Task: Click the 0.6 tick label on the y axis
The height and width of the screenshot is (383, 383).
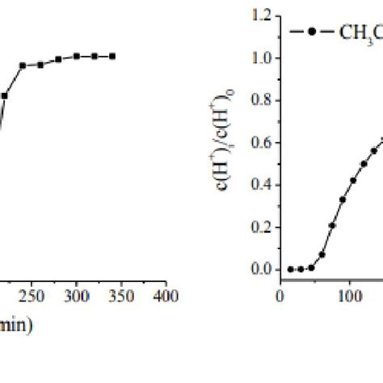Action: pyautogui.click(x=262, y=142)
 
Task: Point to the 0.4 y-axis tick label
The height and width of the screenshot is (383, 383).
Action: pyautogui.click(x=262, y=184)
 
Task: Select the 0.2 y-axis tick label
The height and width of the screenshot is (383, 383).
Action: pyautogui.click(x=262, y=227)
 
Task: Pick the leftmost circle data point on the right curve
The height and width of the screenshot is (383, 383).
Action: pyautogui.click(x=290, y=269)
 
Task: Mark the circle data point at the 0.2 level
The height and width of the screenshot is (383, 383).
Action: pyautogui.click(x=332, y=225)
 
